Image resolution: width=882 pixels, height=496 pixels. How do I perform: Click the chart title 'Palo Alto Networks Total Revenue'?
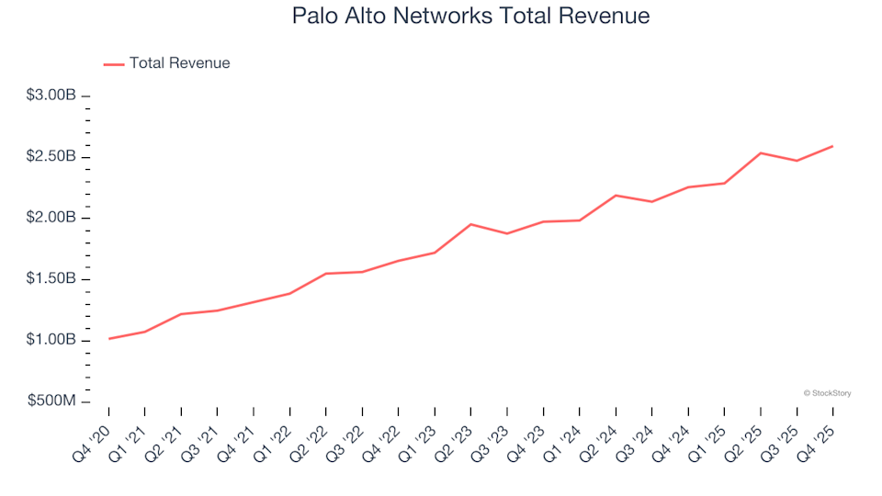(x=470, y=17)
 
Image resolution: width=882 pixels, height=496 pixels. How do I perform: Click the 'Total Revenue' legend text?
(x=179, y=63)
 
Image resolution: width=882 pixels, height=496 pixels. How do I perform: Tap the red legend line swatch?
(x=114, y=64)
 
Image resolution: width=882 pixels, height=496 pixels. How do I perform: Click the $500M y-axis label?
(x=53, y=402)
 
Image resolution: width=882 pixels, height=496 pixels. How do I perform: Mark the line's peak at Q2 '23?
(x=471, y=224)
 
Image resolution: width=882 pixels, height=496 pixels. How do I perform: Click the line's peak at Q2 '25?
(x=761, y=152)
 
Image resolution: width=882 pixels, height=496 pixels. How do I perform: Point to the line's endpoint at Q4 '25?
(x=832, y=146)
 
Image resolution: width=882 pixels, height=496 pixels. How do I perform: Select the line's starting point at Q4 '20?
(x=109, y=339)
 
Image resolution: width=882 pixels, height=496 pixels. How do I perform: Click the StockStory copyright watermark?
(x=827, y=393)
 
